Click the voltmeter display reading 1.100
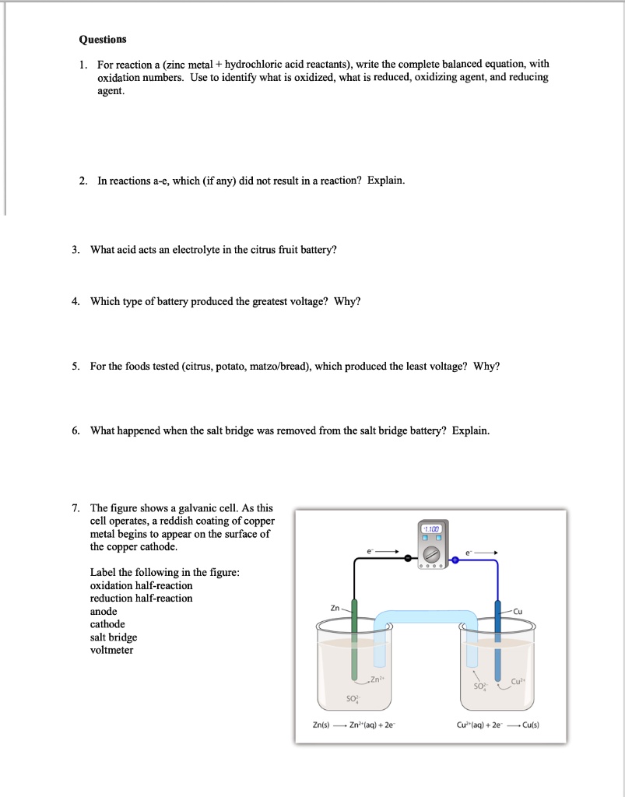pyautogui.click(x=431, y=528)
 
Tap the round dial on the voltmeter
pyautogui.click(x=432, y=553)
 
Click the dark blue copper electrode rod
pyautogui.click(x=498, y=638)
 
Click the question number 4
pyautogui.click(x=75, y=301)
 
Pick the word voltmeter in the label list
pyautogui.click(x=111, y=650)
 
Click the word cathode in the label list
pyautogui.click(x=107, y=624)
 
